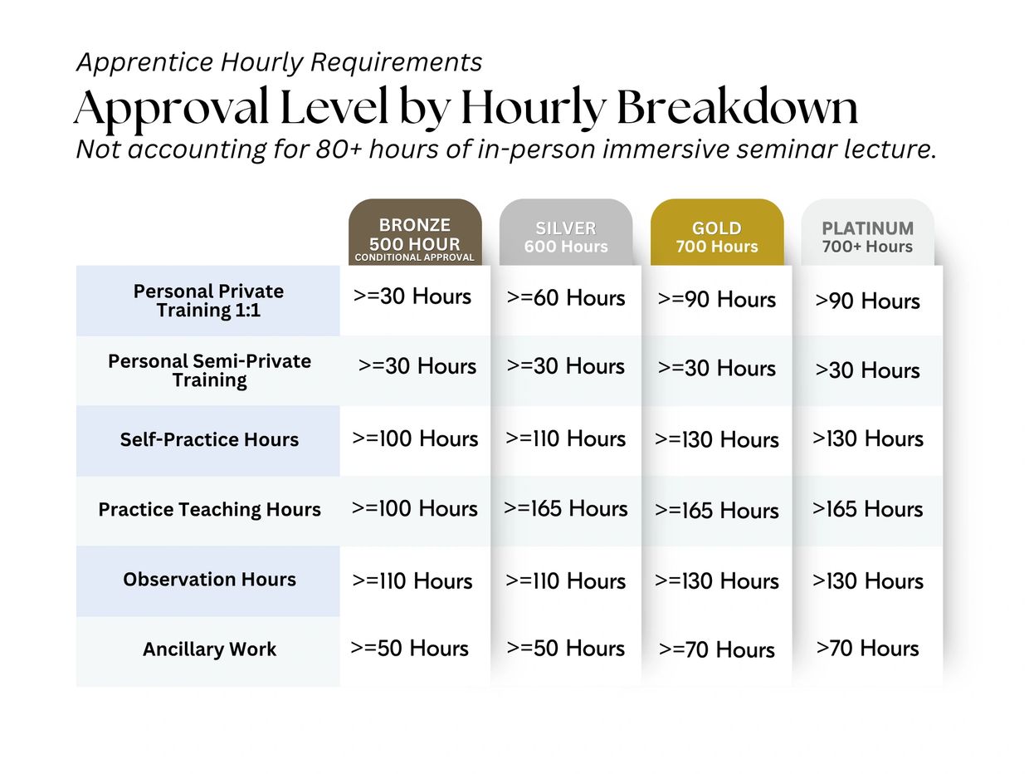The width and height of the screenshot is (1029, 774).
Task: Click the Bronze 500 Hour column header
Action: pos(415,233)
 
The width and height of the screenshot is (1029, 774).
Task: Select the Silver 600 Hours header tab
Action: pos(566,233)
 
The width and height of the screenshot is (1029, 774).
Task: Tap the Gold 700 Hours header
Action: pos(717,233)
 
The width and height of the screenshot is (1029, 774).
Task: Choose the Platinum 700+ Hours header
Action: pos(868,233)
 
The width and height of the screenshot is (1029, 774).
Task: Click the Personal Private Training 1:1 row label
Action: pos(208,301)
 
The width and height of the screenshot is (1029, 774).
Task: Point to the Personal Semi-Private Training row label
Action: pos(210,370)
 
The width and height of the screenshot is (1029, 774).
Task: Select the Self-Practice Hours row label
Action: pos(209,439)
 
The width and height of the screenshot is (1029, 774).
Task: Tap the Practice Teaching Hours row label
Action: pos(210,509)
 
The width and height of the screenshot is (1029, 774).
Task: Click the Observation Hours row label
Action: pos(210,580)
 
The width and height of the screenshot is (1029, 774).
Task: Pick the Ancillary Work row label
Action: pos(210,649)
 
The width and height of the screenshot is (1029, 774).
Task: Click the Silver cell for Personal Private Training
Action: pos(566,298)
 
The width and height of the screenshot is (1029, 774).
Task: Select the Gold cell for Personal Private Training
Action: pos(717,299)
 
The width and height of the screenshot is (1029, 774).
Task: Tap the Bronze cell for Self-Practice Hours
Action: pos(415,438)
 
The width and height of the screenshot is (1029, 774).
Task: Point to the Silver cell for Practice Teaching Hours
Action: pos(566,508)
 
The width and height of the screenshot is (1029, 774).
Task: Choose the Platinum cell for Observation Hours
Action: pos(868,580)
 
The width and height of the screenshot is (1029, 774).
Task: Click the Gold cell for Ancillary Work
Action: pos(717,649)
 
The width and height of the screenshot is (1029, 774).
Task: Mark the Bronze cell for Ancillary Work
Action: pos(409,649)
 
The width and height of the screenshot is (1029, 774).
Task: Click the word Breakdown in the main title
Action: pos(737,106)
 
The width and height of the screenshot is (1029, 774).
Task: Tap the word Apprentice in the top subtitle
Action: pos(145,62)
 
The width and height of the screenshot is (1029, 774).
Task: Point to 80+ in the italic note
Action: pos(339,149)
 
